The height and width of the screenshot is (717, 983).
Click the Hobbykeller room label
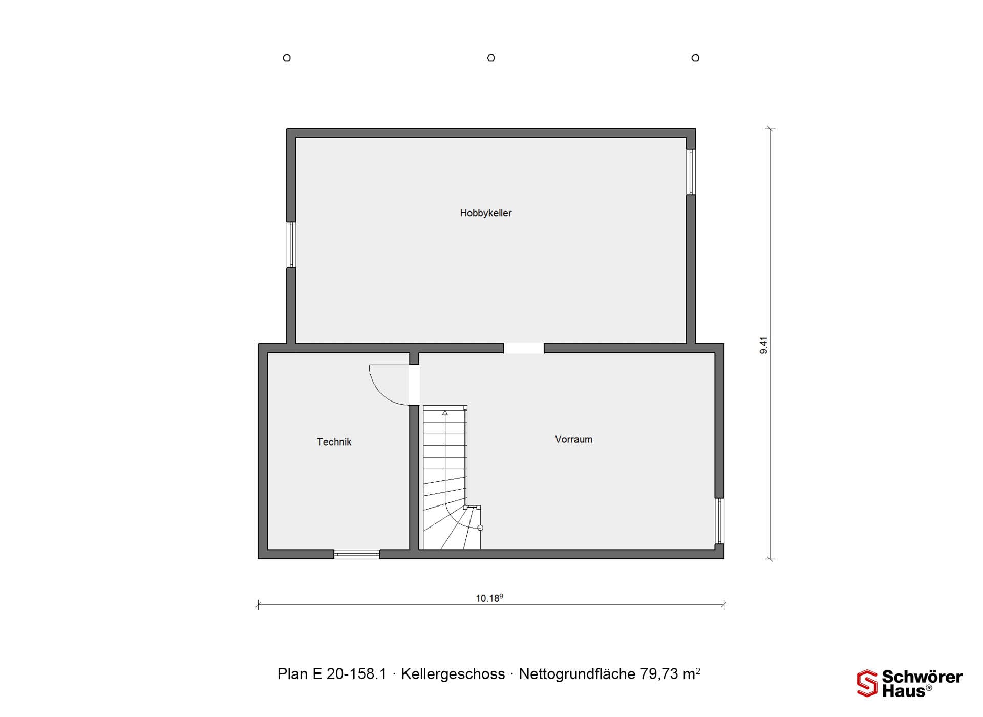(486, 213)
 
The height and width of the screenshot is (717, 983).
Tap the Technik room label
(334, 442)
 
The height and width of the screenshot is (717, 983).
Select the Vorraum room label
(573, 439)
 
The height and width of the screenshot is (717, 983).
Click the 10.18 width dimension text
(489, 598)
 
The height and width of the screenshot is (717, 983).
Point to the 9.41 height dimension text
(763, 345)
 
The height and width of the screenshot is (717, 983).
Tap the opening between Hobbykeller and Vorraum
(524, 348)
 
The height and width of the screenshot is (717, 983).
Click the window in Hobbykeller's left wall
(291, 245)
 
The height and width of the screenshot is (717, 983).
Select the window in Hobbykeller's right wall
(691, 172)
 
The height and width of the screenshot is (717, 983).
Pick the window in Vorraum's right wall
(719, 521)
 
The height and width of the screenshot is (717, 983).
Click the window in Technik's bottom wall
(357, 554)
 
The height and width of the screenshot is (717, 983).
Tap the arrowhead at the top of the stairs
(445, 413)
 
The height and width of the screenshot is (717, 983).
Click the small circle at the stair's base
(480, 528)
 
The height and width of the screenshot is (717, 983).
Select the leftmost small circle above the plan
(287, 58)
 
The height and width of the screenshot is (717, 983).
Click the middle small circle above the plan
(491, 58)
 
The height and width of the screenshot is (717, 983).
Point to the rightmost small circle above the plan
(695, 58)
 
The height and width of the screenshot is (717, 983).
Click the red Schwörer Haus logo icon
(867, 683)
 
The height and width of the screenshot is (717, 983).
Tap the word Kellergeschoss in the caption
(453, 674)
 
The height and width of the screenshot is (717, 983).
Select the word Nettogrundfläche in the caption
(577, 674)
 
